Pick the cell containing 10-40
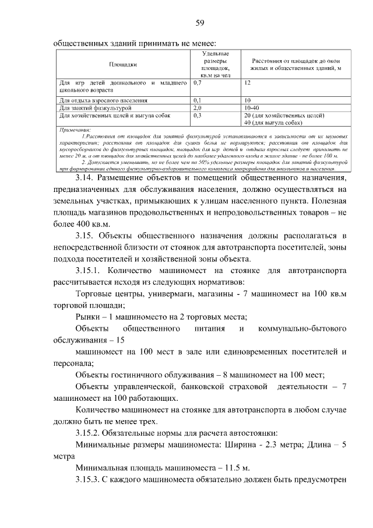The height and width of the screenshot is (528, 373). [x=252, y=108]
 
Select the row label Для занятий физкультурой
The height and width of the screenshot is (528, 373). [x=93, y=108]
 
